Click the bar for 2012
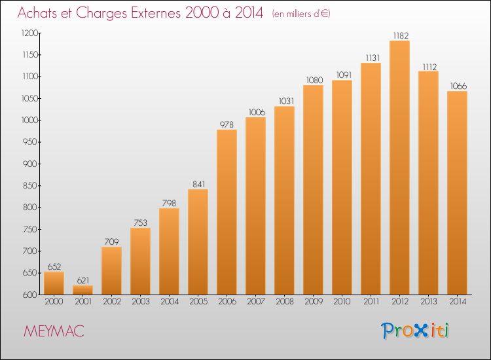(399, 168)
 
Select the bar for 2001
(82, 290)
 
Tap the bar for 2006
(227, 212)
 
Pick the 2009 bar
(313, 190)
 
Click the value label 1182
(401, 36)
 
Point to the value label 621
(83, 280)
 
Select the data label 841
(198, 184)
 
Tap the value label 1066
(458, 86)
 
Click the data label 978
(227, 124)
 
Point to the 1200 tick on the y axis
(29, 33)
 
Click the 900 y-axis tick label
(30, 164)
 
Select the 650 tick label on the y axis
(30, 273)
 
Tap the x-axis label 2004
(170, 301)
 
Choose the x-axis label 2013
(429, 301)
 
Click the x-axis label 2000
(54, 301)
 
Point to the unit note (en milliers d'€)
(301, 14)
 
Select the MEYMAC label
(54, 331)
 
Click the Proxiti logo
(415, 331)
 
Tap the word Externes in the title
(156, 12)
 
